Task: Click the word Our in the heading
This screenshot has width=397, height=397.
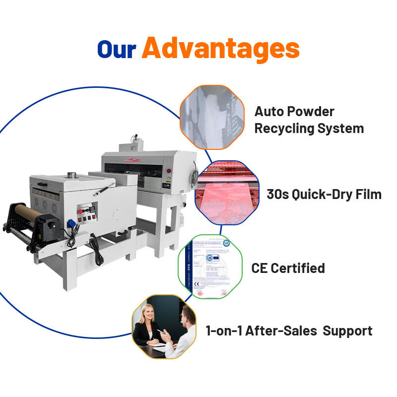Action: click(x=117, y=49)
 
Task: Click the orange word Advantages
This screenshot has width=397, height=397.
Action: click(x=220, y=49)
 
